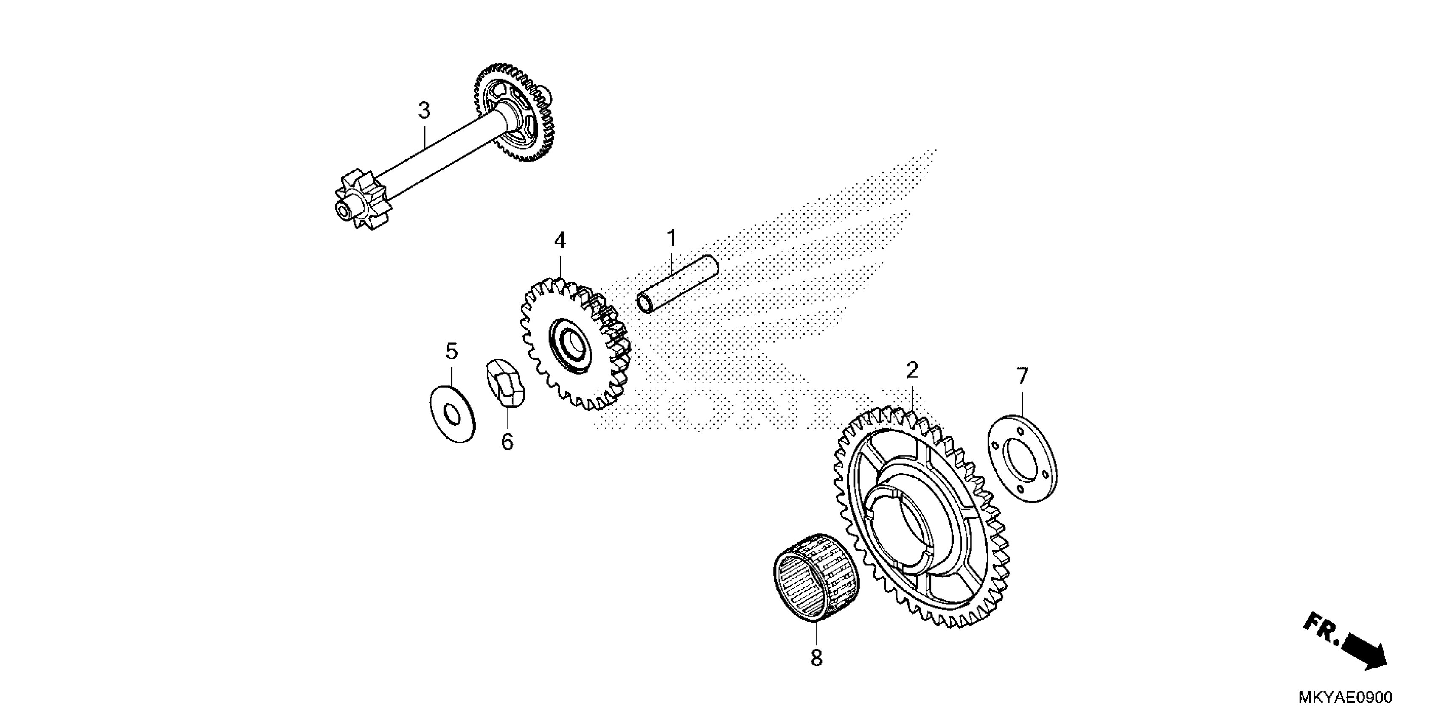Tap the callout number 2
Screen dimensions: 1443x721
(912, 371)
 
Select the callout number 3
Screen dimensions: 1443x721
(424, 111)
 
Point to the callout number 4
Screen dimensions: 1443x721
(560, 241)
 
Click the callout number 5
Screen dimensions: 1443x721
(452, 352)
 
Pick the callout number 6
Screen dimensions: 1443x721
(506, 442)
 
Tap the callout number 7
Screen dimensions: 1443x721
(1022, 376)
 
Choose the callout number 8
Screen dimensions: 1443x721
(816, 658)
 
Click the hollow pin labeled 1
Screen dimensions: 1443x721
(678, 284)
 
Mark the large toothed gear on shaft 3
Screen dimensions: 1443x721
(514, 112)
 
